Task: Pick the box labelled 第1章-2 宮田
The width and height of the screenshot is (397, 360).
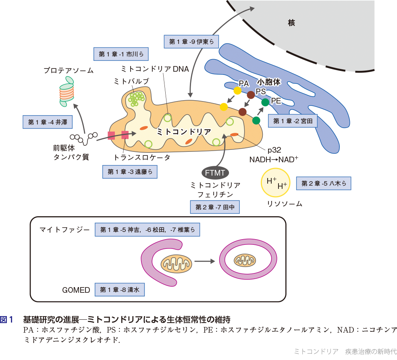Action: tap(293, 120)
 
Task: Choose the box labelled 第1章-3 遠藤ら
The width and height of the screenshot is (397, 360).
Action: tap(129, 172)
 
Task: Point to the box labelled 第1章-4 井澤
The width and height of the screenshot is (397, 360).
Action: tap(45, 122)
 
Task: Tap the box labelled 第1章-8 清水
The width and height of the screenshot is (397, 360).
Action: tap(119, 290)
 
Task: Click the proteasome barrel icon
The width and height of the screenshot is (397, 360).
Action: tap(67, 91)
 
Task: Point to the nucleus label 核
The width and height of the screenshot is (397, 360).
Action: tap(291, 23)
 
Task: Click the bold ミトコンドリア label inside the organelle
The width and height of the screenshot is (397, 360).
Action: tap(184, 131)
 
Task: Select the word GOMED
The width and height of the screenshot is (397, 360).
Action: tap(76, 290)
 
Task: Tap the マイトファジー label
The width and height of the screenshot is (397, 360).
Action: tap(64, 230)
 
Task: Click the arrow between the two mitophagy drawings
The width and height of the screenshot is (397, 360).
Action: tap(204, 261)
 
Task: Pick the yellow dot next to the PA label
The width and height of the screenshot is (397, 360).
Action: tap(237, 91)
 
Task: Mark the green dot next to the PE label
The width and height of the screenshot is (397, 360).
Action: tap(265, 102)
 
